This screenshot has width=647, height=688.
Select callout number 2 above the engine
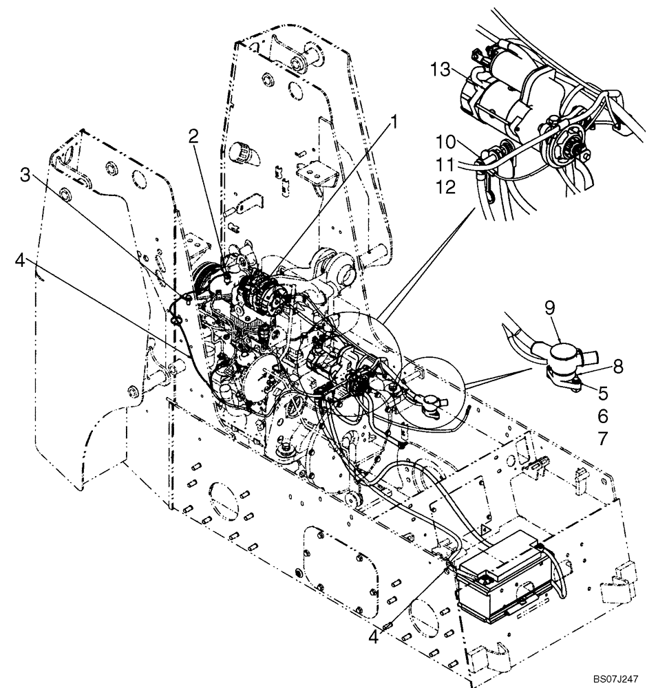[x=194, y=136]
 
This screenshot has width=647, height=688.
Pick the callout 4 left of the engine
[x=21, y=261]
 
